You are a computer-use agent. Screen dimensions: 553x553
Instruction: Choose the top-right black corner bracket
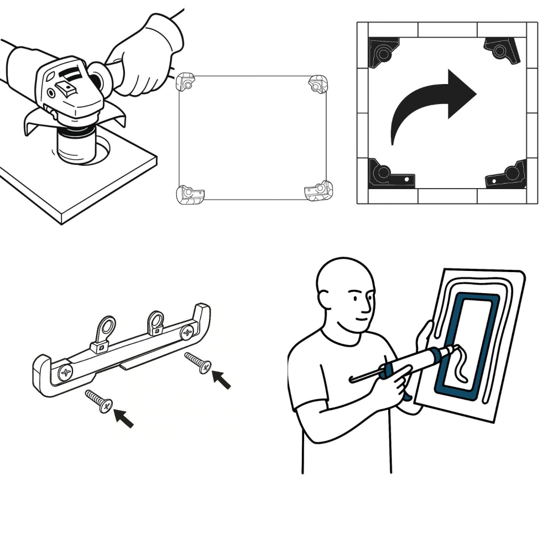(x=503, y=50)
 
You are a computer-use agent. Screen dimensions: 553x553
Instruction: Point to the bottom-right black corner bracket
(x=506, y=176)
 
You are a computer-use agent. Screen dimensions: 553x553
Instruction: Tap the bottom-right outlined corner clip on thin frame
(x=319, y=191)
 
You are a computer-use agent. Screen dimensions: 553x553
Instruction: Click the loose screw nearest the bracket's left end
(x=100, y=400)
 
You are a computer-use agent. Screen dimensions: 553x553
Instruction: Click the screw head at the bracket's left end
(x=64, y=372)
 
